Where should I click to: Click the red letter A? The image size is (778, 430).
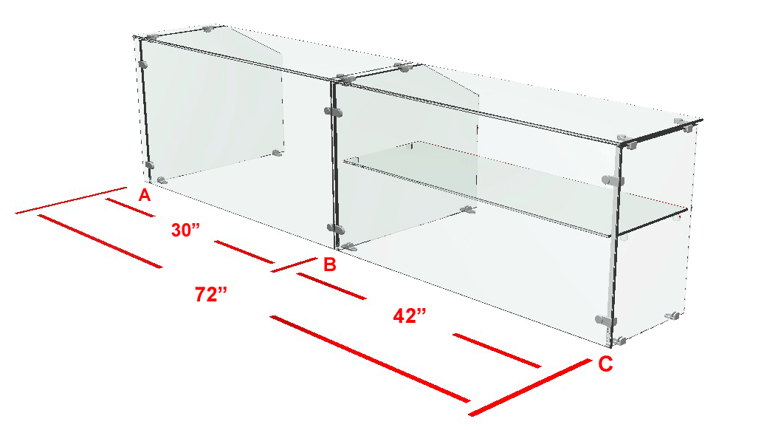(x=145, y=195)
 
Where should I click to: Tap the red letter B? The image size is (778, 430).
(x=330, y=265)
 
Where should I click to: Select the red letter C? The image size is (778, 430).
(x=605, y=364)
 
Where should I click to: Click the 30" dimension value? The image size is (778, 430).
(x=185, y=230)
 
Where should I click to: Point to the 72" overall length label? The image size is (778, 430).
(x=211, y=295)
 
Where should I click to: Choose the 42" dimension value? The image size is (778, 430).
(x=410, y=315)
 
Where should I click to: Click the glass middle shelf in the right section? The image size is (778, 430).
(x=516, y=188)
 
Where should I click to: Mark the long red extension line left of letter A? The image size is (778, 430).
(x=71, y=201)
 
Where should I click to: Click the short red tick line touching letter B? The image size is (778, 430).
(x=294, y=265)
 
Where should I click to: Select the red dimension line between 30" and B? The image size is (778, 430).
(x=244, y=252)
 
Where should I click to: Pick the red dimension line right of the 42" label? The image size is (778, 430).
(x=498, y=351)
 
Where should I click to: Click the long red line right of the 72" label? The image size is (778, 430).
(x=370, y=358)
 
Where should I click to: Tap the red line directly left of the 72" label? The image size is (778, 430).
(x=100, y=242)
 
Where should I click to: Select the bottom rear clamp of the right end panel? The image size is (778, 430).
(x=672, y=315)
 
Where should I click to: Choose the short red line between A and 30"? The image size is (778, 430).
(x=130, y=208)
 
